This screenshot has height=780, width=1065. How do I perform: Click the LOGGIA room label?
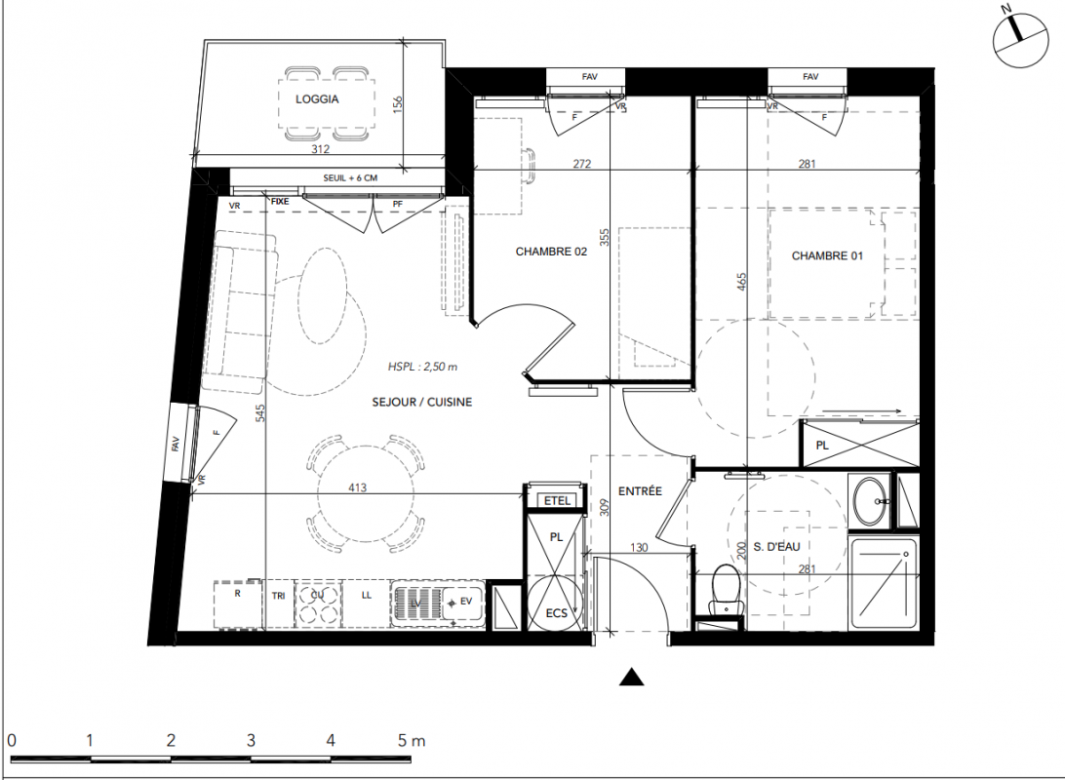pos(317,99)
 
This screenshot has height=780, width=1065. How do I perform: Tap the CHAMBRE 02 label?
pos(551,252)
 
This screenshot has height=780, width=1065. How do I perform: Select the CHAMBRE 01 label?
pos(827,255)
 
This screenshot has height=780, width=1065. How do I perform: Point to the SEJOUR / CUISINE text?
pos(421,402)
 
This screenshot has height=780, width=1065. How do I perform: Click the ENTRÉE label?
pos(640,490)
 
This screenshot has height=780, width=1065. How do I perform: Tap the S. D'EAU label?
pos(776,546)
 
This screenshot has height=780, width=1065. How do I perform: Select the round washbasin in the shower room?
pos(869,501)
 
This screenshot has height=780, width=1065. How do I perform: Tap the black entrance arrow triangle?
pos(632,677)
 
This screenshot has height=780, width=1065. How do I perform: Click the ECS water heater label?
pos(556,613)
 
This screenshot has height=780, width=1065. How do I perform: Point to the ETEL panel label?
pos(557,500)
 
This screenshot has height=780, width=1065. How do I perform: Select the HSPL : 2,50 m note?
pos(422,367)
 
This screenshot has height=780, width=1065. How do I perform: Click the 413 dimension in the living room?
pos(357,487)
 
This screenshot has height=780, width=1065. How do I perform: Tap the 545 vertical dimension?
pos(260,412)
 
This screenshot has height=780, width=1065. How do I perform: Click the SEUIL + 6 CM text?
pos(350,177)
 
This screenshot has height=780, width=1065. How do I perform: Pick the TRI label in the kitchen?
pos(279,596)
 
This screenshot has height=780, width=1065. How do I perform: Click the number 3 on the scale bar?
pos(251,740)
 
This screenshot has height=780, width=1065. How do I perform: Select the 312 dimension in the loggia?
pos(321,149)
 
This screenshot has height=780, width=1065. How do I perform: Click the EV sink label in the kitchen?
pos(466,601)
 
